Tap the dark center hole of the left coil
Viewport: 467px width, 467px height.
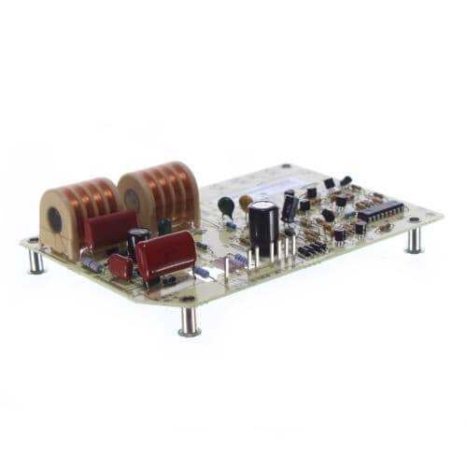tap(55, 220)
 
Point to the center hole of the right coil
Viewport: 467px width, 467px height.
tap(132, 200)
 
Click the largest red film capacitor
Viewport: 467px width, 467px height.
tap(165, 254)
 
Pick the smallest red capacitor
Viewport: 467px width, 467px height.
tap(120, 266)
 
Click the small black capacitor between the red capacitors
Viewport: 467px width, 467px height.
tap(138, 240)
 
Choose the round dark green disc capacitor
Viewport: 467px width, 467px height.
tap(226, 205)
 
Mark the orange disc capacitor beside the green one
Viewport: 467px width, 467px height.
tap(246, 201)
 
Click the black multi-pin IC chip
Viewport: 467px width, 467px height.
tap(380, 211)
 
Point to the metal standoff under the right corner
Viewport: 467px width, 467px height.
tap(414, 240)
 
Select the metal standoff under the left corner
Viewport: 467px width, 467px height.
tap(35, 261)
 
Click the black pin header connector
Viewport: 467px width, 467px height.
tap(311, 249)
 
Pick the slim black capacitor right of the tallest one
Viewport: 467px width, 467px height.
tap(290, 207)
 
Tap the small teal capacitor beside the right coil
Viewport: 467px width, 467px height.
tap(164, 226)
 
